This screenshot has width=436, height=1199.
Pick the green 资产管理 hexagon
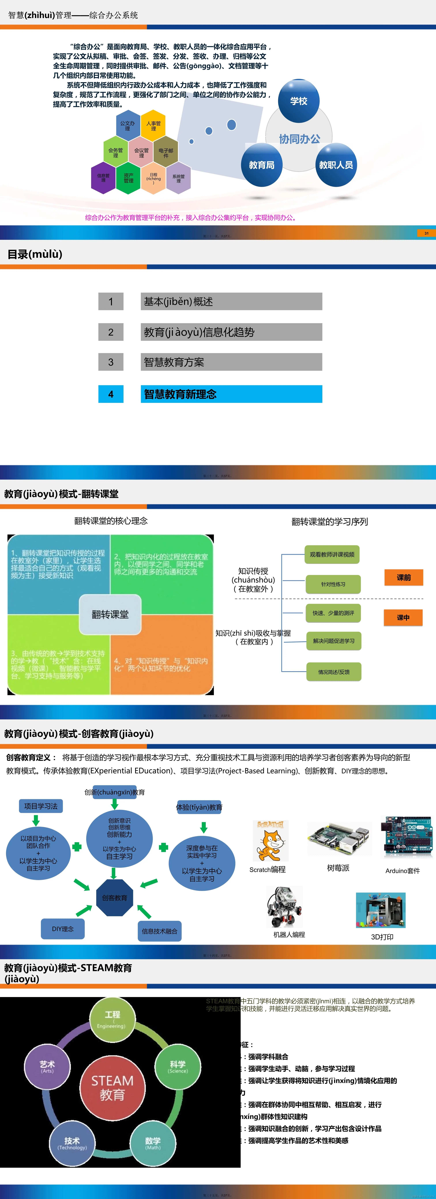pos(128,178)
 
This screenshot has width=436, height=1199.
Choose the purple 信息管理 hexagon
pos(103,178)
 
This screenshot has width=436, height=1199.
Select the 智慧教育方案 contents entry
pos(231,362)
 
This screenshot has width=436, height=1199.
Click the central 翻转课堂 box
pos(110,614)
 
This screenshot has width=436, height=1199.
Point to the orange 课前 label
pos(403,578)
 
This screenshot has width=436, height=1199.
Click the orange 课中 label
pos(403,618)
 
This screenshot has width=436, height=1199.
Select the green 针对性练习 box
pos(333,584)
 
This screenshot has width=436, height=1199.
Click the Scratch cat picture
pos(270,842)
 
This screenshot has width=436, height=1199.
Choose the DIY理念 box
pos(63,929)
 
